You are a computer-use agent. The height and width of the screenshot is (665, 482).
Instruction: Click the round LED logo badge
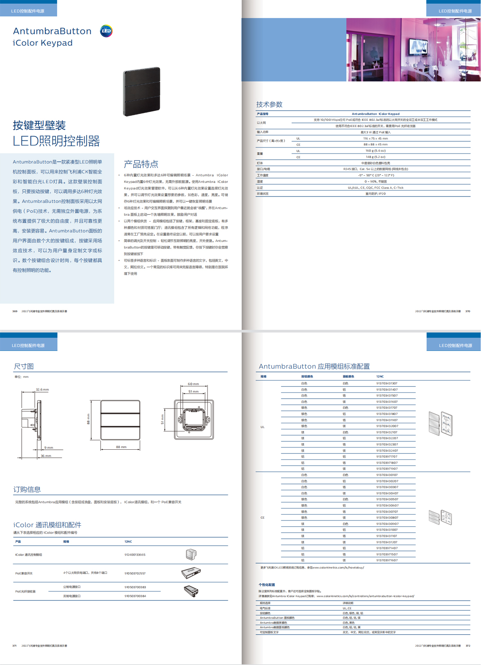[x=106, y=31]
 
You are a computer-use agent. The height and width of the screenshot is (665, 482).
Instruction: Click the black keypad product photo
[x=142, y=91]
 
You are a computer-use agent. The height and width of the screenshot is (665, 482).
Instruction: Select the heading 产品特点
[x=141, y=164]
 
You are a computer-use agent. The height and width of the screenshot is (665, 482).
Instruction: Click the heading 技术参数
[x=269, y=105]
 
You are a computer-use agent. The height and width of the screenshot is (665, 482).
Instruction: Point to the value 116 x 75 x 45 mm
[x=375, y=138]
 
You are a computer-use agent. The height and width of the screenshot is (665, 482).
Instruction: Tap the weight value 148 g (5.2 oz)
[x=375, y=157]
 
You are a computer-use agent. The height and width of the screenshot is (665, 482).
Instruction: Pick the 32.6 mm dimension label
[x=42, y=390]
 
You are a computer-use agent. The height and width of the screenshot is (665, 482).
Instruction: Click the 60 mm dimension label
[x=193, y=384]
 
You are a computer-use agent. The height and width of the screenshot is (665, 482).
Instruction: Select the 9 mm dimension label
[x=49, y=448]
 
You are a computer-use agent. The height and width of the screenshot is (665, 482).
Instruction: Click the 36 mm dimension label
[x=46, y=456]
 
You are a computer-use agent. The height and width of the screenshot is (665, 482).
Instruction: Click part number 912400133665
[x=135, y=555]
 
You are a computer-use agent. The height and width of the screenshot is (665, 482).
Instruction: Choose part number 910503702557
[x=135, y=574]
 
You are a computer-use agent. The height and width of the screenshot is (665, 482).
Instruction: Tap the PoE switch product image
[x=191, y=573]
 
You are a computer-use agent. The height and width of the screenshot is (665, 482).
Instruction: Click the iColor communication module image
[x=191, y=554]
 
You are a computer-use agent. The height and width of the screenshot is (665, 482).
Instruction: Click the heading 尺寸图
[x=24, y=366]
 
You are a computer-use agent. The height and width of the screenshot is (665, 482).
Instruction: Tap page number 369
[x=15, y=311]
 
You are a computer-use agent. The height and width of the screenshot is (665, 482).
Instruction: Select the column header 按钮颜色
[x=307, y=377]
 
